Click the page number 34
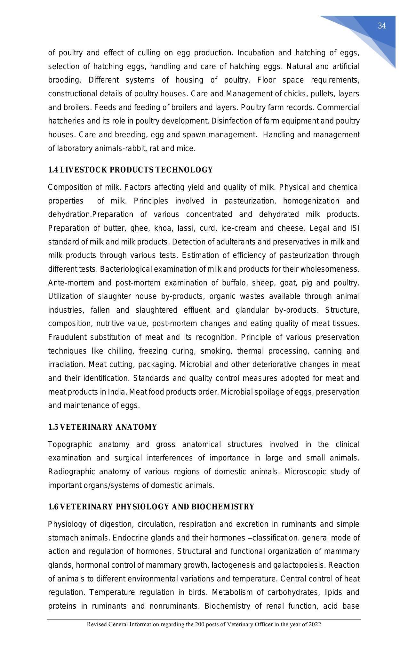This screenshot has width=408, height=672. [381, 26]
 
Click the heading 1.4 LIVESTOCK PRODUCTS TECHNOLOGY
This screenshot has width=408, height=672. [130, 170]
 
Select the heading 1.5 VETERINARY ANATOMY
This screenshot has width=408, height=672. [102, 427]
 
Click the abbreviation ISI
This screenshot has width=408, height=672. [354, 228]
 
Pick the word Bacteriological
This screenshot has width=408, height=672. [126, 269]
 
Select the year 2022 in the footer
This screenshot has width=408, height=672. [315, 624]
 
